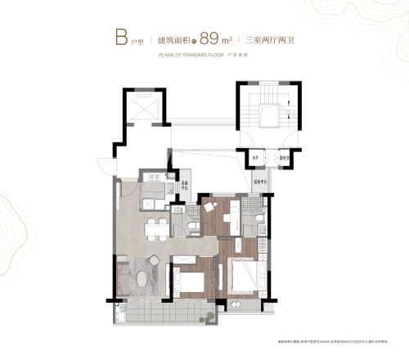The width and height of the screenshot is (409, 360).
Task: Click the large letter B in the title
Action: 119,37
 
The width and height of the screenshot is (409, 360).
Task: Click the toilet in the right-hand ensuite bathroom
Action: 257,218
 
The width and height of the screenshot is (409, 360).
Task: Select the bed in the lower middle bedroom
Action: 191,281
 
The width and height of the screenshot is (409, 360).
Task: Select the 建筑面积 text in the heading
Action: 185,38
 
